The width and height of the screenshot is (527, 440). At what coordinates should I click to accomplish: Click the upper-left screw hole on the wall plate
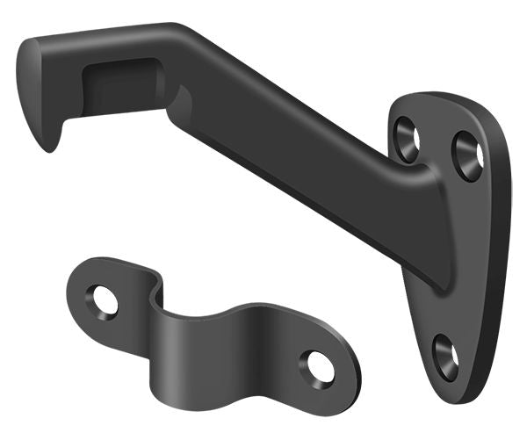point(408,139)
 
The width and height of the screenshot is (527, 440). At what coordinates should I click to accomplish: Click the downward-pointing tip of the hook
point(50,141)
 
